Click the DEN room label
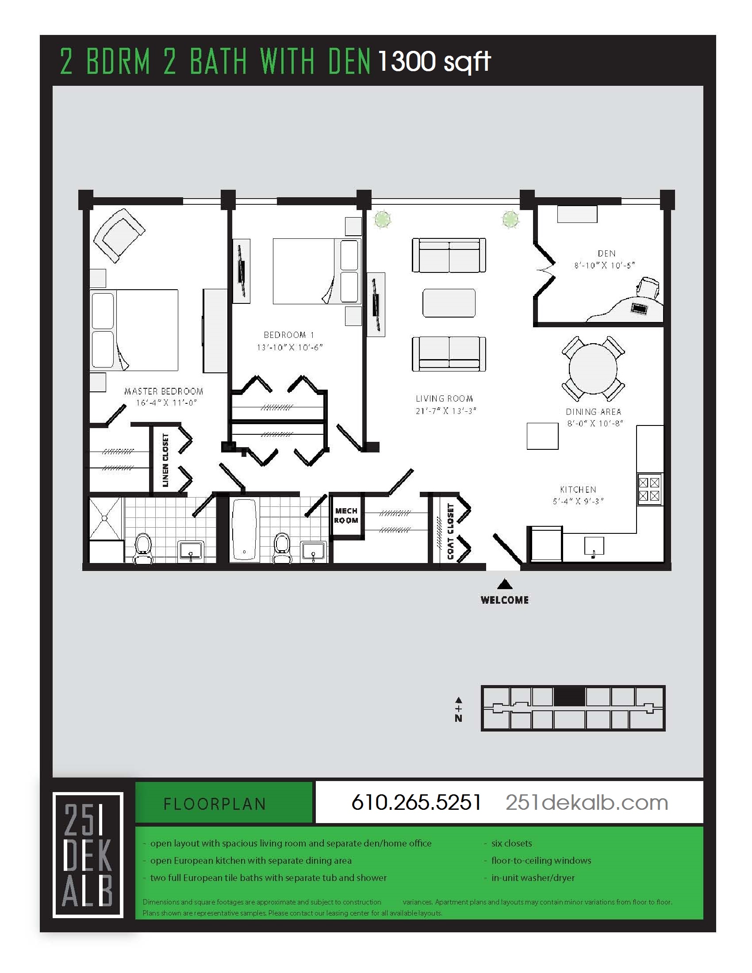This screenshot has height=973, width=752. (606, 253)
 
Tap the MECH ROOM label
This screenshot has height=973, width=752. (346, 515)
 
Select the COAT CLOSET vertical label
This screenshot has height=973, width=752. (450, 532)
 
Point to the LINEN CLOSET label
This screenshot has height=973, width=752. (166, 460)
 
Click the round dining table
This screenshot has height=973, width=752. (593, 369)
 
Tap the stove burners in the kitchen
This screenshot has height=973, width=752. (649, 489)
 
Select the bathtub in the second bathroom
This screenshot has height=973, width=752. (244, 529)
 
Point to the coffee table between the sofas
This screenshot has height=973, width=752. (449, 303)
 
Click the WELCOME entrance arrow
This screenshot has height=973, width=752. (504, 584)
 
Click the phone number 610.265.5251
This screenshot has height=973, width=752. (416, 803)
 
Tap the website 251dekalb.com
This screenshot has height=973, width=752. (587, 803)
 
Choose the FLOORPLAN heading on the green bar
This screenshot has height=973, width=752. (215, 804)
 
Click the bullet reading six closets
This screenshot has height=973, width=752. (511, 843)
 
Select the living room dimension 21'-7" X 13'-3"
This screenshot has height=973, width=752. (445, 411)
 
